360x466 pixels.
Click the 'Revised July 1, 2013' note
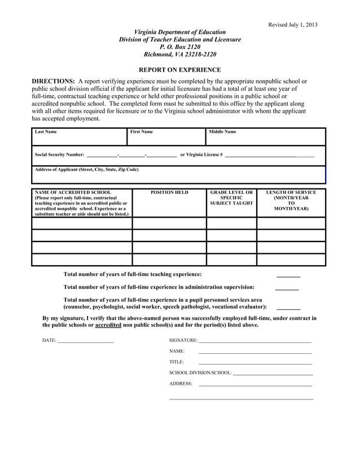coord(292,24)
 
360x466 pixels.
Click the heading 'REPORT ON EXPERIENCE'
coord(179,70)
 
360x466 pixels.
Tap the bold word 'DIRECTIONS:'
coord(53,82)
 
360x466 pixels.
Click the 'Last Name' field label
coord(46,132)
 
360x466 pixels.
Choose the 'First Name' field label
coord(142,132)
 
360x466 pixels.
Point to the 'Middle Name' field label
coord(223,132)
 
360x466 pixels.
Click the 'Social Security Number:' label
coord(59,155)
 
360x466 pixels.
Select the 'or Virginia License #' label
coord(201,155)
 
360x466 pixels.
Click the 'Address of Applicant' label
coord(86,169)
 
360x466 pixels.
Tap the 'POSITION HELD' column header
coord(169,192)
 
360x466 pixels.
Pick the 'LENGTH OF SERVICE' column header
coord(291,192)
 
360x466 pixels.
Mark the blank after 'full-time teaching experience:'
coord(288,275)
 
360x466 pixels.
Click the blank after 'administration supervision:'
coord(287,288)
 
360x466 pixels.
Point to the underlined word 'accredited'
coord(108,326)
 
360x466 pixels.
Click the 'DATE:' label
coord(49,341)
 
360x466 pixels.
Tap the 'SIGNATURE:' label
coord(183,341)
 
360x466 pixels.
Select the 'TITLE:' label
coord(177,362)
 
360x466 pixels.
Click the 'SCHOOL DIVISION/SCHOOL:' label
coord(200,373)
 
